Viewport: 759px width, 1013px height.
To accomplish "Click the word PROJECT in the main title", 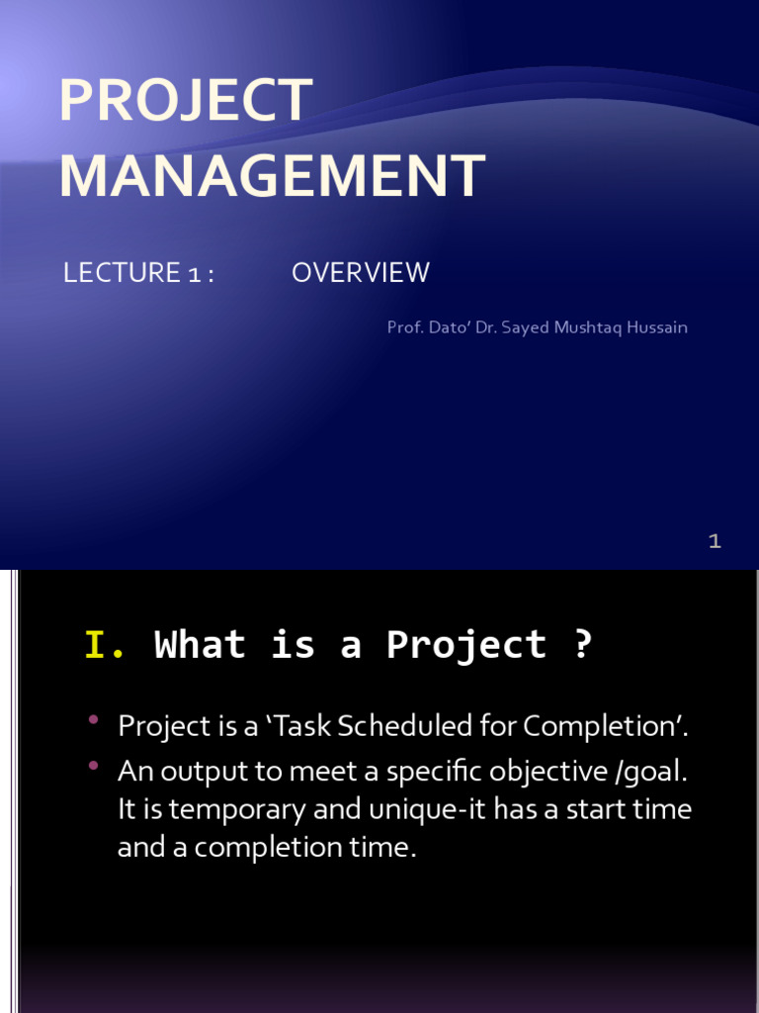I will pos(186,101).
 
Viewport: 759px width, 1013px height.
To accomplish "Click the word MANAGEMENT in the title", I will pos(272,176).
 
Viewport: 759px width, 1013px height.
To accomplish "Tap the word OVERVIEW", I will pos(361,273).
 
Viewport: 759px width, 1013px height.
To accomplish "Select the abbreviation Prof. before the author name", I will pos(404,327).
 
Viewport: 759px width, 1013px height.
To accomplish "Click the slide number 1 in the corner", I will pos(715,541).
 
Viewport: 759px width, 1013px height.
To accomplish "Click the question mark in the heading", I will pos(582,645).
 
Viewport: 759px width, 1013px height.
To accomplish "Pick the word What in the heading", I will pos(201,645).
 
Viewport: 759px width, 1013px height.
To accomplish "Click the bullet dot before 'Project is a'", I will pos(94,720).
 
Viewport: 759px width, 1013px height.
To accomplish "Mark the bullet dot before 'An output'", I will pos(94,765).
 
